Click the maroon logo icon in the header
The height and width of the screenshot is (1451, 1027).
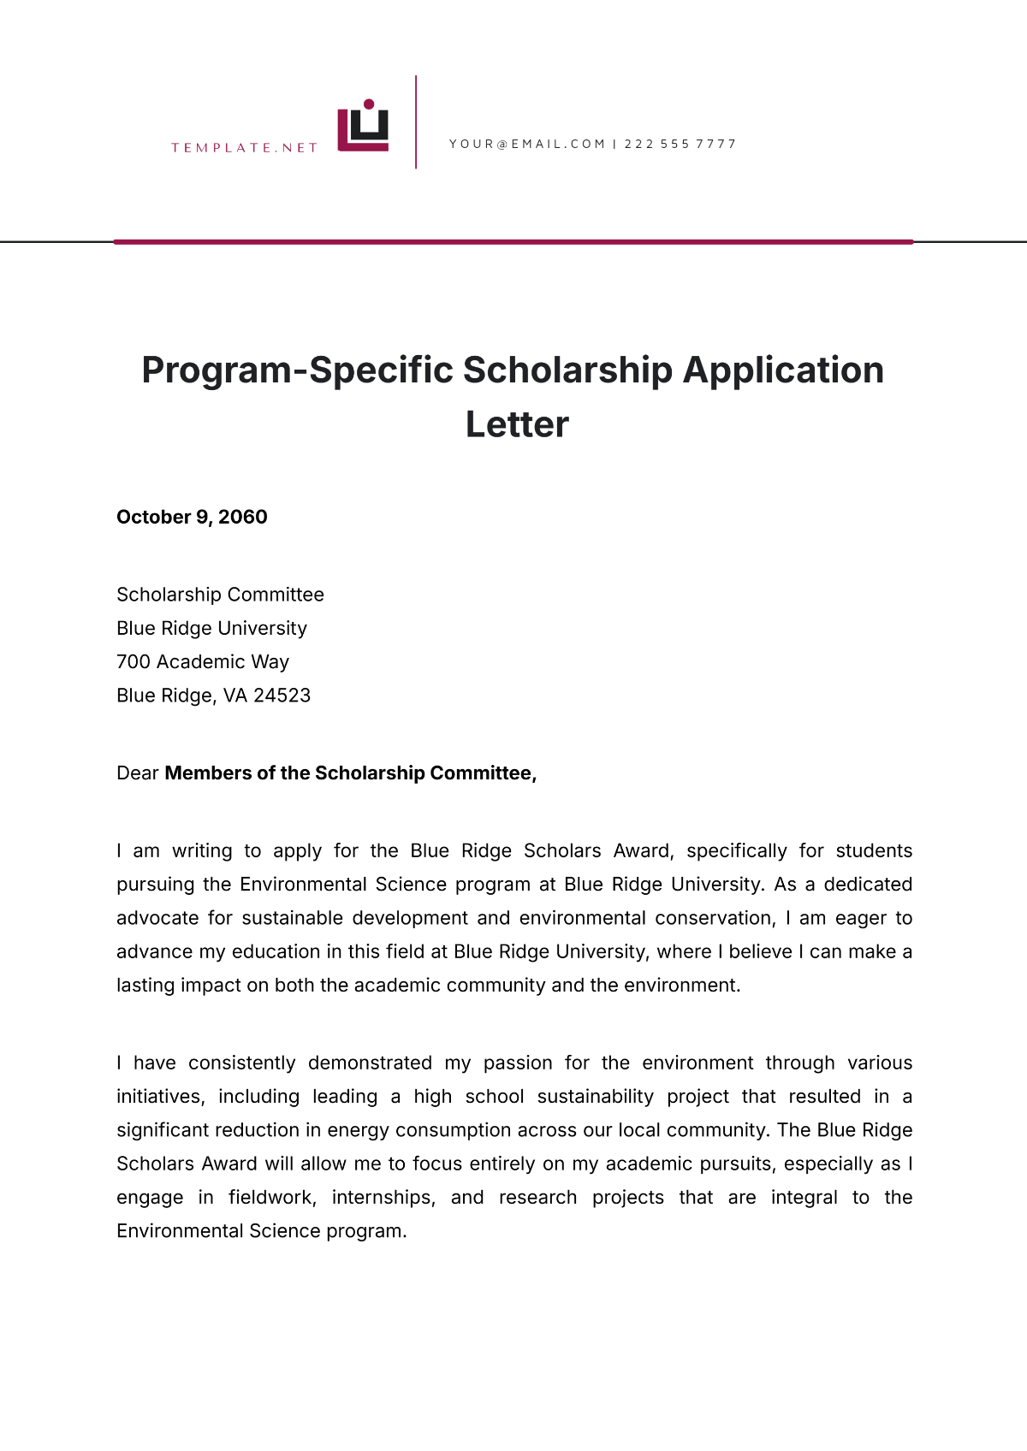(363, 127)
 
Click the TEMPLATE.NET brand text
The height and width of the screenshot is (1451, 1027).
(244, 148)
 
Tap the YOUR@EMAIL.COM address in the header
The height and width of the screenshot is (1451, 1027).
(527, 144)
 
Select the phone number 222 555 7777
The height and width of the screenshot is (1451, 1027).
(680, 144)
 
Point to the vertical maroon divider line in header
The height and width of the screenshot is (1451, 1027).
(416, 121)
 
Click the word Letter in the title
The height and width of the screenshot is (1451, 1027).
(517, 424)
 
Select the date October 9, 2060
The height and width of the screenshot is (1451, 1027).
(192, 517)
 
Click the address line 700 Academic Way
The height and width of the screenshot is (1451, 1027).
(203, 661)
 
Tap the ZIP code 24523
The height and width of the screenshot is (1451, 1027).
(282, 696)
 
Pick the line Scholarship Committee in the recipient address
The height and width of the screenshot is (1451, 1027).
(220, 595)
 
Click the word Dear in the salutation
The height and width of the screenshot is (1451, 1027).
(138, 773)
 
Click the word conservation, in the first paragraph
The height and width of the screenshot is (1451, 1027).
(715, 918)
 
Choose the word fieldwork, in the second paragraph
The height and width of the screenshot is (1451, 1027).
(272, 1198)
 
